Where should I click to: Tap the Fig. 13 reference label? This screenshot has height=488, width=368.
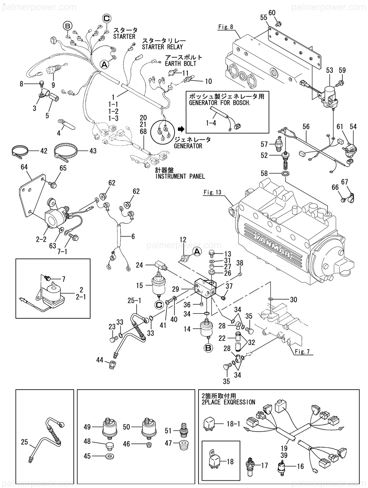(213, 193)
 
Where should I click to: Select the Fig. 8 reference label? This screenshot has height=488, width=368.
(226, 27)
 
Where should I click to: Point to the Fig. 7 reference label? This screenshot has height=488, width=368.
(302, 352)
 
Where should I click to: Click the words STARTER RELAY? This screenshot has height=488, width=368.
(162, 47)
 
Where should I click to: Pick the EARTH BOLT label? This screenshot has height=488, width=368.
(181, 64)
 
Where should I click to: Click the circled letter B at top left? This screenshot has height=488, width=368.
(68, 26)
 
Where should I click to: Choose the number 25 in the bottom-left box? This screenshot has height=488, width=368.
(25, 442)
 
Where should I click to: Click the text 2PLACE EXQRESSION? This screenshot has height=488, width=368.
(227, 402)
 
